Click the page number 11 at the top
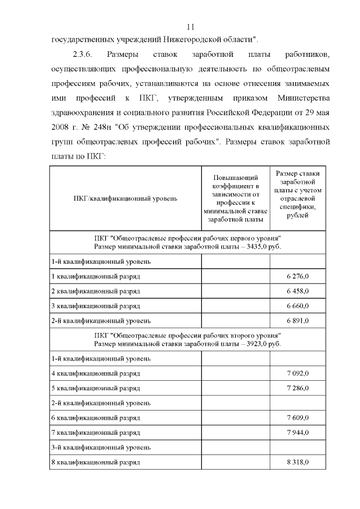tap(190, 26)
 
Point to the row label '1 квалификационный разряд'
tap(96, 277)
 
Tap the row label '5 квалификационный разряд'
tap(96, 388)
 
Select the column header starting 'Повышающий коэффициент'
tap(235, 198)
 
